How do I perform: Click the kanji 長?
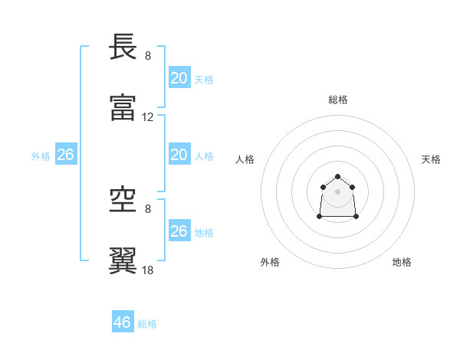[124, 47]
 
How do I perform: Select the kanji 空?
[124, 201]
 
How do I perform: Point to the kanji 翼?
[124, 260]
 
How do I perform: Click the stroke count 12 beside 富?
[148, 117]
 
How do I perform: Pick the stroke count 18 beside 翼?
[148, 270]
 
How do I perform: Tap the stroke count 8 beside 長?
[148, 56]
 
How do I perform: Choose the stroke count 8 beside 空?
[148, 208]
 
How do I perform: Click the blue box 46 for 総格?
[123, 322]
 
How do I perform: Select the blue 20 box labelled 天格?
[179, 78]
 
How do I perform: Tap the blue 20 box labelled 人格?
[179, 155]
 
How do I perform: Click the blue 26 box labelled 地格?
[179, 231]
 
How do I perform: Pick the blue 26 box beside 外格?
[65, 155]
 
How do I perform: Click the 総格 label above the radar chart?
[338, 100]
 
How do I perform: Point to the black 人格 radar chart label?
[245, 159]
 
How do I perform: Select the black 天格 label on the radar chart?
[431, 159]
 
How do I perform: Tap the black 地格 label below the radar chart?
[402, 262]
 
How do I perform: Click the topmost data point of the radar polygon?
[337, 177]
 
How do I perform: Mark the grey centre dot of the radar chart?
[337, 191]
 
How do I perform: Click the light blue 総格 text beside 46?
[147, 324]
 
